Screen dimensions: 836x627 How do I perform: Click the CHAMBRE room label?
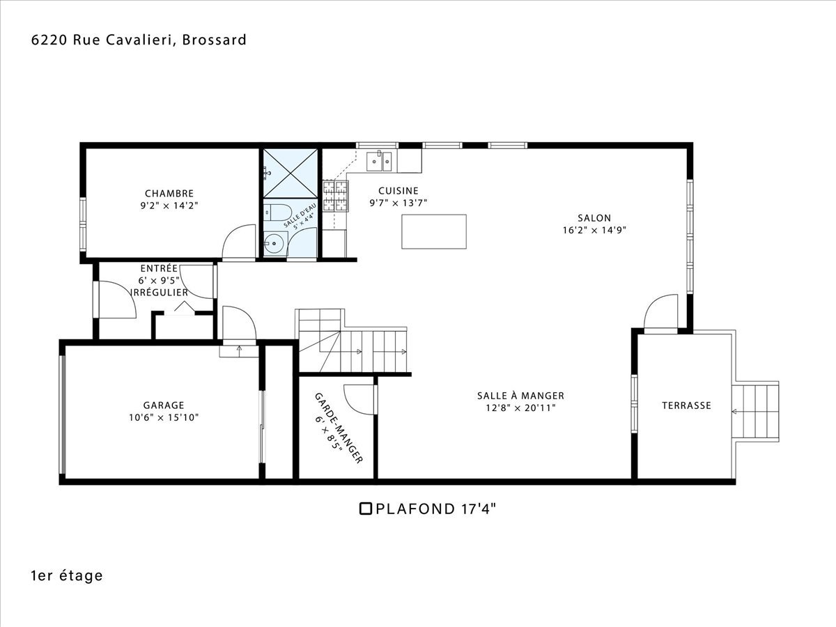(x=169, y=194)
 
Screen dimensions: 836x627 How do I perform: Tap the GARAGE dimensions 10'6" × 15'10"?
(x=164, y=417)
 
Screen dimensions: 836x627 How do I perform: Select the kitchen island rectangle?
(x=434, y=231)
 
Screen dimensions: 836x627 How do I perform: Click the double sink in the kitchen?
(x=379, y=162)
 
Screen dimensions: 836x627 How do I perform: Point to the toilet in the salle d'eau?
(x=277, y=212)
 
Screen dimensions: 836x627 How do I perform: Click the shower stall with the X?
(x=291, y=173)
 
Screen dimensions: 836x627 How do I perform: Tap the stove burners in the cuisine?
(x=336, y=196)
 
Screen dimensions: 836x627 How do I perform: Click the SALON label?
(x=594, y=218)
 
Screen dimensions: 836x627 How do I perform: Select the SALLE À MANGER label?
(x=520, y=396)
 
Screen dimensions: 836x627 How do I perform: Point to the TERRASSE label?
(x=686, y=405)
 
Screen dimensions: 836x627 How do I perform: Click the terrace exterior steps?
(x=755, y=411)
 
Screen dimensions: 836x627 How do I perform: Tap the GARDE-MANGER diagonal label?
(x=338, y=428)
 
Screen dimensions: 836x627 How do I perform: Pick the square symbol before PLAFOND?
(x=366, y=509)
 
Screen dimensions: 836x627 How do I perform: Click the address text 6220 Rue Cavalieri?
(x=103, y=40)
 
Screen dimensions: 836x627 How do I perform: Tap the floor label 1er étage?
(x=67, y=576)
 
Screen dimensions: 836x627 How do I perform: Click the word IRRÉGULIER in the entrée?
(x=160, y=293)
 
